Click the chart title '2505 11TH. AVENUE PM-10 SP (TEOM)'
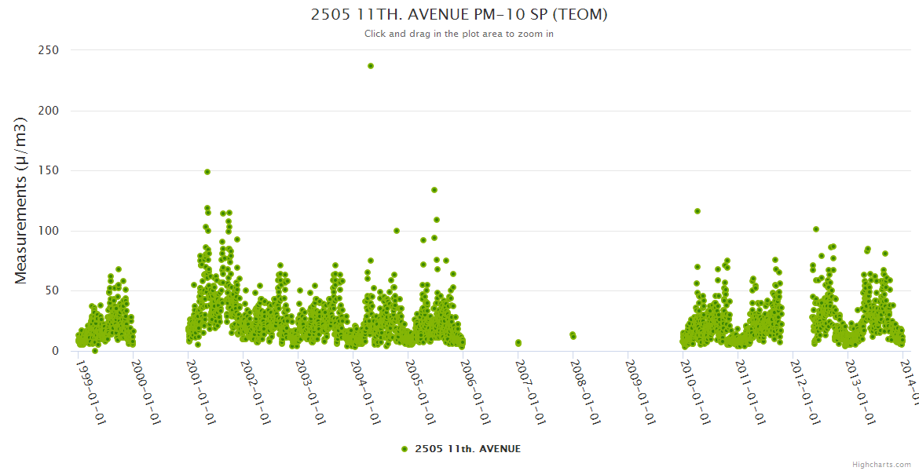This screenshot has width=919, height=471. [459, 14]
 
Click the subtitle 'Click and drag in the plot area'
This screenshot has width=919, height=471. [459, 34]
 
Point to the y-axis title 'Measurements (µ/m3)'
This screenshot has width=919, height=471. [21, 200]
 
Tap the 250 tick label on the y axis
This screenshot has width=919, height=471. [49, 50]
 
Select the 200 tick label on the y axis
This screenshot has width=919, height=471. [49, 111]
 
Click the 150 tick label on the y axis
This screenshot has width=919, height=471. [49, 170]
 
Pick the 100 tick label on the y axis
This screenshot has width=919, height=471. [49, 231]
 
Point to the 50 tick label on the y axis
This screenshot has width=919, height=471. [52, 290]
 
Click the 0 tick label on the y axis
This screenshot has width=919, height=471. [56, 351]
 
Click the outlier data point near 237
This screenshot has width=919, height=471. [371, 66]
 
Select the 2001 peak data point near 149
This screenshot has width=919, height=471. [207, 171]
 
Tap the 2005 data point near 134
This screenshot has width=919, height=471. [434, 190]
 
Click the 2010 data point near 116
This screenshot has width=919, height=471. [697, 211]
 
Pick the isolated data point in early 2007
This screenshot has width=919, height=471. [518, 343]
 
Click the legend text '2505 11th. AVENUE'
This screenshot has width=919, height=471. [467, 449]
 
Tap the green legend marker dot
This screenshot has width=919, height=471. [405, 449]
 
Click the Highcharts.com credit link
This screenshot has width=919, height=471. [881, 465]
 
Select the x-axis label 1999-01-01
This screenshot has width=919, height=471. [91, 381]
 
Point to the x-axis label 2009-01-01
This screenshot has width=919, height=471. [641, 381]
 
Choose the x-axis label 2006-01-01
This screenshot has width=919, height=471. [476, 381]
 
